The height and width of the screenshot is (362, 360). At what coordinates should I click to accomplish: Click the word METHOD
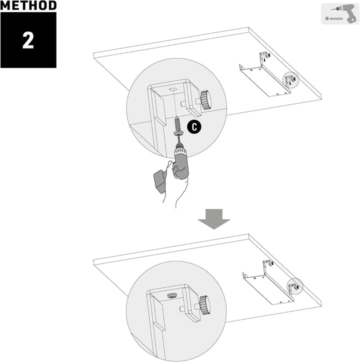point(28,5)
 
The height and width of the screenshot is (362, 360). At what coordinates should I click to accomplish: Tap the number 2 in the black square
point(28,40)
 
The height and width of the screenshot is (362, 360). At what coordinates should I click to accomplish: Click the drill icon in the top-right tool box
point(345,14)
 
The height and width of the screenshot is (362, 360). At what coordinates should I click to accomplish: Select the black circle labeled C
point(194,126)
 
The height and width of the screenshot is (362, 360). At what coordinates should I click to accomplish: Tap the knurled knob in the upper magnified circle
point(205,100)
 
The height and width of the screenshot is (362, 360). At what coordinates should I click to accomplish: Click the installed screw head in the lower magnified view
point(172,295)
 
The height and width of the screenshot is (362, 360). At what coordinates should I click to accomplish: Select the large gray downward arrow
point(214,219)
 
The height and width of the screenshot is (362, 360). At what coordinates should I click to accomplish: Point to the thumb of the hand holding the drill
point(169,167)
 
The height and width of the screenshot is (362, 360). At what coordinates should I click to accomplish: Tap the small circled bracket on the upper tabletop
point(290,79)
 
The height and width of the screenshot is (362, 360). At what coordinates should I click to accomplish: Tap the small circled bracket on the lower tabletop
point(294,286)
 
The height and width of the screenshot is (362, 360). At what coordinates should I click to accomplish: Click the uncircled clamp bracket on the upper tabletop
point(264,56)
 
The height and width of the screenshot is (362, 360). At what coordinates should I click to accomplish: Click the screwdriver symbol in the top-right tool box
point(334,18)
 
